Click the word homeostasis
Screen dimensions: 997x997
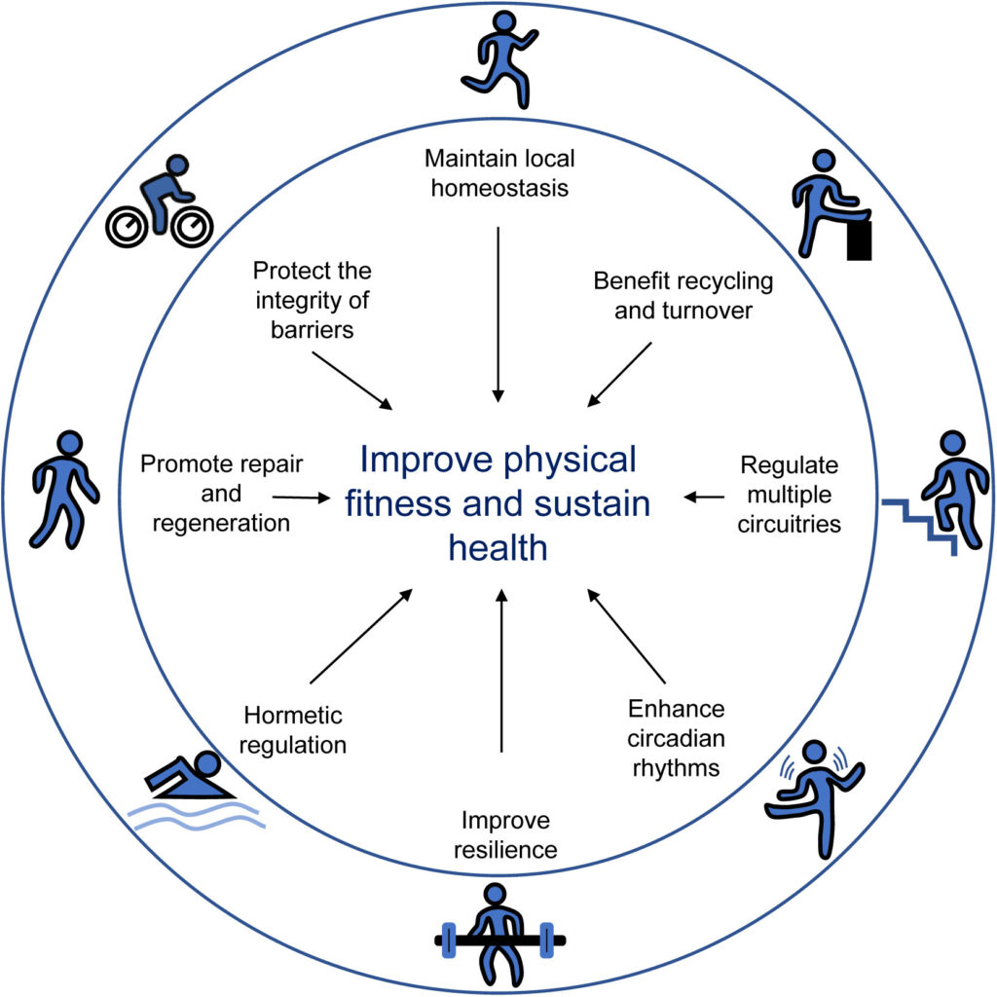point(498,187)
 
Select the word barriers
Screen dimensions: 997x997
point(312,330)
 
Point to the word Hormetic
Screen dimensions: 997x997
point(294,717)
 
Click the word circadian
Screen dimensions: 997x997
point(675,738)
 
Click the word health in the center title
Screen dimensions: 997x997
point(498,546)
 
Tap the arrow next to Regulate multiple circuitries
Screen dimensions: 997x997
point(703,498)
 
